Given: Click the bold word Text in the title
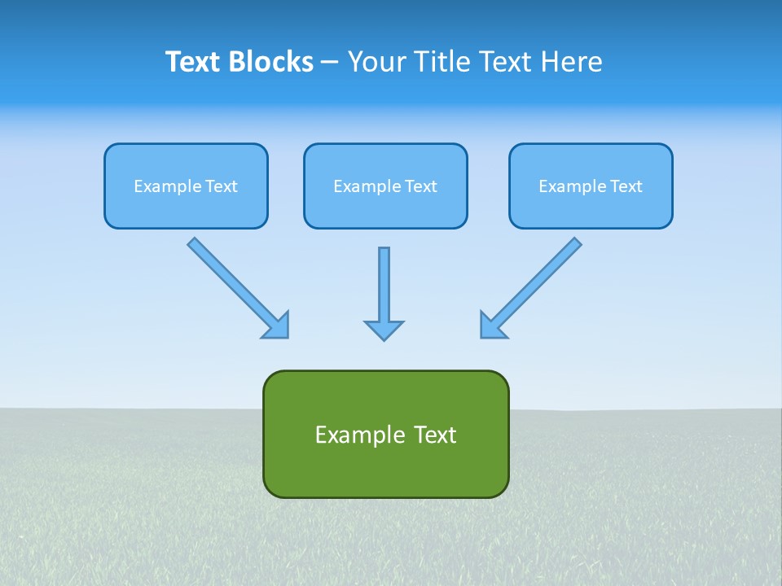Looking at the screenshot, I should pyautogui.click(x=193, y=62).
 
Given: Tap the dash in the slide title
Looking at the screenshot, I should pyautogui.click(x=329, y=63).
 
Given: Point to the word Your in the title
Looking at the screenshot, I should pyautogui.click(x=377, y=62).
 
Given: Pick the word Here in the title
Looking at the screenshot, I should pyautogui.click(x=574, y=62).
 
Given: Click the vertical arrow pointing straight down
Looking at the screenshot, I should pyautogui.click(x=384, y=285).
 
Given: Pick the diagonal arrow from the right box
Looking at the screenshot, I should pyautogui.click(x=538, y=281).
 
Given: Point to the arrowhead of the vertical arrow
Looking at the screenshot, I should pyautogui.click(x=384, y=330).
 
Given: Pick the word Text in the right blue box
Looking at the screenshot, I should pyautogui.click(x=626, y=186).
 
